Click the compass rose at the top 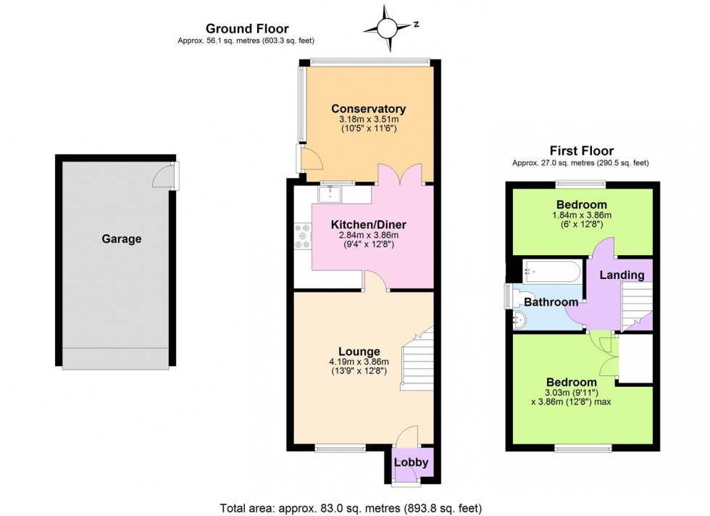click(x=387, y=28)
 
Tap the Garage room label click(x=121, y=238)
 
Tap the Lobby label click(x=412, y=462)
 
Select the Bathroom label click(x=551, y=302)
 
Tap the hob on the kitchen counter click(x=302, y=239)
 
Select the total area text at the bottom click(x=350, y=508)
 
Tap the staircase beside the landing click(x=635, y=304)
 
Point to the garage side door click(x=168, y=175)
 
